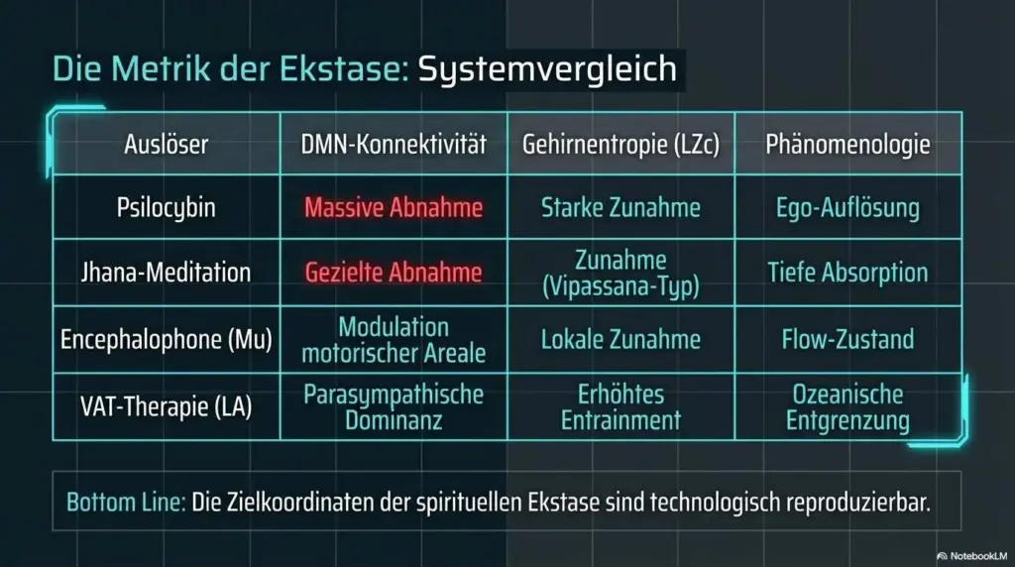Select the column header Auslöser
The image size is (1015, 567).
[x=167, y=144]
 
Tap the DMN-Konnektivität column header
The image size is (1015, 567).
[x=394, y=144]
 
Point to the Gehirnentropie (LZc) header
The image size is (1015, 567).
[x=620, y=145]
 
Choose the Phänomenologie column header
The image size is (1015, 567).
[x=848, y=145]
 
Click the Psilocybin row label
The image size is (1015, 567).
[x=167, y=208]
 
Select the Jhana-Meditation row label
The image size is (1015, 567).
[x=167, y=272]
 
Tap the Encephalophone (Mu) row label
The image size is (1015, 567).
[x=167, y=339]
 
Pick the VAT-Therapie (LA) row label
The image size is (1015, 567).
[x=167, y=406]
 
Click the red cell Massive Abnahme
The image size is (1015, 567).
[x=394, y=208]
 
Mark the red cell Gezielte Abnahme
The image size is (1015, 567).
[x=394, y=272]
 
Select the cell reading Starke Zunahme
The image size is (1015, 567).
[x=620, y=208]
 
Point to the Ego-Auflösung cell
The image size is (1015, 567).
[x=848, y=208]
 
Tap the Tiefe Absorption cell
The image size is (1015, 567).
[x=848, y=273]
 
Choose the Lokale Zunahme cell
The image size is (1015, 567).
[x=620, y=339]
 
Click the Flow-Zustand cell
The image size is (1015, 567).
[x=848, y=339]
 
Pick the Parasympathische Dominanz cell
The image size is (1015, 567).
[x=394, y=407]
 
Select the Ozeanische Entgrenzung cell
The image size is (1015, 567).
[x=848, y=407]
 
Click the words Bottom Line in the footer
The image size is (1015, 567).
[x=126, y=503]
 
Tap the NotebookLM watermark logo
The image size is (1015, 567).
[x=942, y=556]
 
